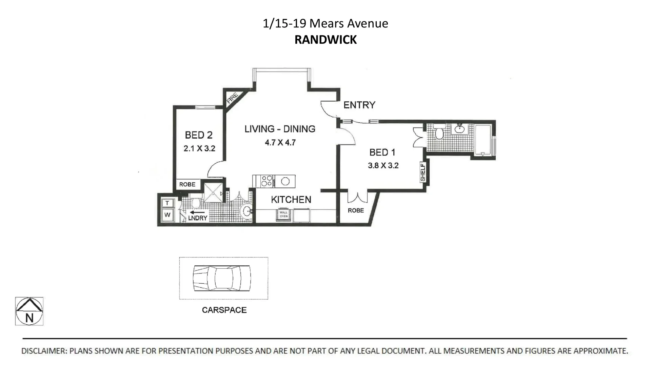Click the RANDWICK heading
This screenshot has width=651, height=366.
coord(325,40)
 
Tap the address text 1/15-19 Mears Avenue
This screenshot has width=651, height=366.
coord(325,23)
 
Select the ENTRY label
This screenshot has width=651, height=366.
coord(359,105)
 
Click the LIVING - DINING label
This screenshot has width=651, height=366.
coord(280,129)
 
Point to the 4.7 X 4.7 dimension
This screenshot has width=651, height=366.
coord(280,143)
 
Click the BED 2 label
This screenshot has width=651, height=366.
coord(199,135)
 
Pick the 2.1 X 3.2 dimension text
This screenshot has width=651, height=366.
coord(199,149)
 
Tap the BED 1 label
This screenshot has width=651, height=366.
coord(382,152)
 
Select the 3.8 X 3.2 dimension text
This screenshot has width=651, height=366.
coord(383,166)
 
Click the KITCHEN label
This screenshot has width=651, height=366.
coord(291,200)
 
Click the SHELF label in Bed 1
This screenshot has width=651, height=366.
coord(423,172)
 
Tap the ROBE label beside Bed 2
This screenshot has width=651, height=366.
coord(187,184)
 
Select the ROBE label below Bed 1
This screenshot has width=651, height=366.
coord(356,210)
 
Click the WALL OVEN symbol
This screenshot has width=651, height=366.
coord(283,215)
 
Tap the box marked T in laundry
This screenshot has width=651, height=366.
coord(167,203)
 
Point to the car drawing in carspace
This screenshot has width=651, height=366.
coord(222,278)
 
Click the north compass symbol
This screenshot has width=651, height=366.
coord(29,311)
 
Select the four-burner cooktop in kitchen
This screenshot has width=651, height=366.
coord(267,181)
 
